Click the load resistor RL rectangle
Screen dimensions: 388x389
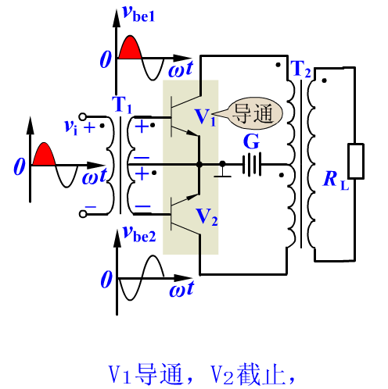coord(356,161)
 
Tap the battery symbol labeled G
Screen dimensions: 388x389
coord(252,165)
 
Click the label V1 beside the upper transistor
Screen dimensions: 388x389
coord(206,117)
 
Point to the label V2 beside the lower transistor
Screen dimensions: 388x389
coord(207,217)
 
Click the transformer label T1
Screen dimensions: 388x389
coord(122,105)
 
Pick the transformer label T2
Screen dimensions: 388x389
coord(300,69)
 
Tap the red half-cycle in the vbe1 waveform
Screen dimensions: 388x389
coord(130,48)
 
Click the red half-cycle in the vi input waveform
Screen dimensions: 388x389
coord(44,155)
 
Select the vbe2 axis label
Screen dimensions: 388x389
coord(139,234)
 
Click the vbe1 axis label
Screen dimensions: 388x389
coord(138,13)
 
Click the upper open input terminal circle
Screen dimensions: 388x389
coord(83,117)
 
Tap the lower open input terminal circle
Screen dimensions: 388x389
coord(83,214)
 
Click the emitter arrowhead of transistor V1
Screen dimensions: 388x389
coord(193,133)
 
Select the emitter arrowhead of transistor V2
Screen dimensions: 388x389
coord(192,197)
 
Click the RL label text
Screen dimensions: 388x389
coord(336,180)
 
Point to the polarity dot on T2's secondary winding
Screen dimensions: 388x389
coord(324,80)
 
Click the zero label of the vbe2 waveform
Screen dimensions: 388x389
coord(106,279)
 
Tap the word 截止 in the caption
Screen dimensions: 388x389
coord(260,375)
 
